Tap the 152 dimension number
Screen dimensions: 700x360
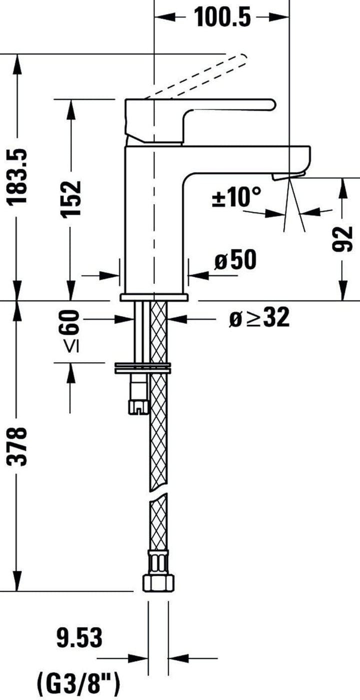(x=71, y=199)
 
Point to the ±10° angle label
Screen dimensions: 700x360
(x=236, y=197)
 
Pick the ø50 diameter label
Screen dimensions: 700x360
(x=235, y=260)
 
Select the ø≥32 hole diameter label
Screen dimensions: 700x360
(x=259, y=318)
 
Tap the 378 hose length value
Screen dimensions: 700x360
(x=18, y=446)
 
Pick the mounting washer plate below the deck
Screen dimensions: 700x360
(x=142, y=368)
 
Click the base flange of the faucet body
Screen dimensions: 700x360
(x=154, y=298)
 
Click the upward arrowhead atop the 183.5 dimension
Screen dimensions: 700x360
(x=18, y=62)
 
